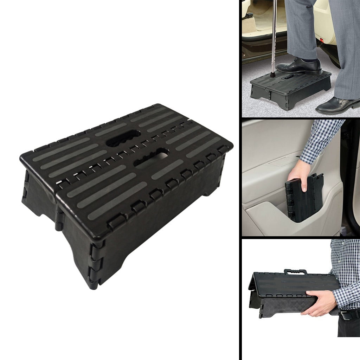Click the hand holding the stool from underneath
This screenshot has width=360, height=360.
318,302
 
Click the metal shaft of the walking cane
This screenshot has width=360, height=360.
274,35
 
